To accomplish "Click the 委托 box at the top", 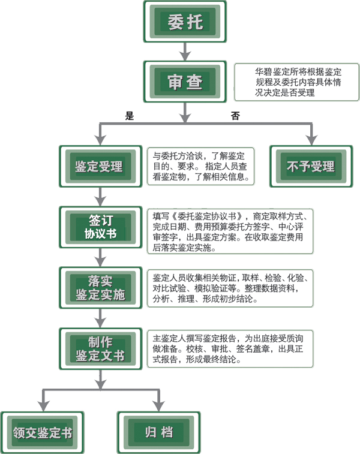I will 185,23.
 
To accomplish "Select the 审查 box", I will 185,82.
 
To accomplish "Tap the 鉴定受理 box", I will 99,166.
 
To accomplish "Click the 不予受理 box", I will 310,166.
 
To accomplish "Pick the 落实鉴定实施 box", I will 100,287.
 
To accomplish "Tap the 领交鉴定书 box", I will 41,432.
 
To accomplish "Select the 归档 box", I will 159,432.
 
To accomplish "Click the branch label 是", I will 130,116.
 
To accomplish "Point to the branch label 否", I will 235,116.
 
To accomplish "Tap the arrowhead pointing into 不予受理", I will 310,139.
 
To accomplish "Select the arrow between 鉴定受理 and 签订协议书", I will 100,197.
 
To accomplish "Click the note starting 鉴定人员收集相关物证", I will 230,288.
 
